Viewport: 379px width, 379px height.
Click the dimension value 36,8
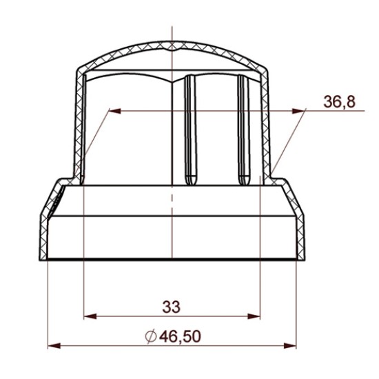tap(339, 102)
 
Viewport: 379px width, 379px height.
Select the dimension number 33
tap(171, 307)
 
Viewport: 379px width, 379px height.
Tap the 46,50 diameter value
tap(180, 336)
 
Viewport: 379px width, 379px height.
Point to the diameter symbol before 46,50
tap(151, 336)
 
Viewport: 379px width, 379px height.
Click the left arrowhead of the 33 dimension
tap(90, 316)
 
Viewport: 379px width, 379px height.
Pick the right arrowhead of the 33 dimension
tap(254, 316)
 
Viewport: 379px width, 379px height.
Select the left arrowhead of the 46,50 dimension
tap(54, 346)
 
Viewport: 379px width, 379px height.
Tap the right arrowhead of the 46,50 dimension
tap(290, 346)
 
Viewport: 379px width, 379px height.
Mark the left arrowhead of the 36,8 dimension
tap(115, 111)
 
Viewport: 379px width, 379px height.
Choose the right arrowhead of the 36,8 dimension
tap(298, 111)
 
